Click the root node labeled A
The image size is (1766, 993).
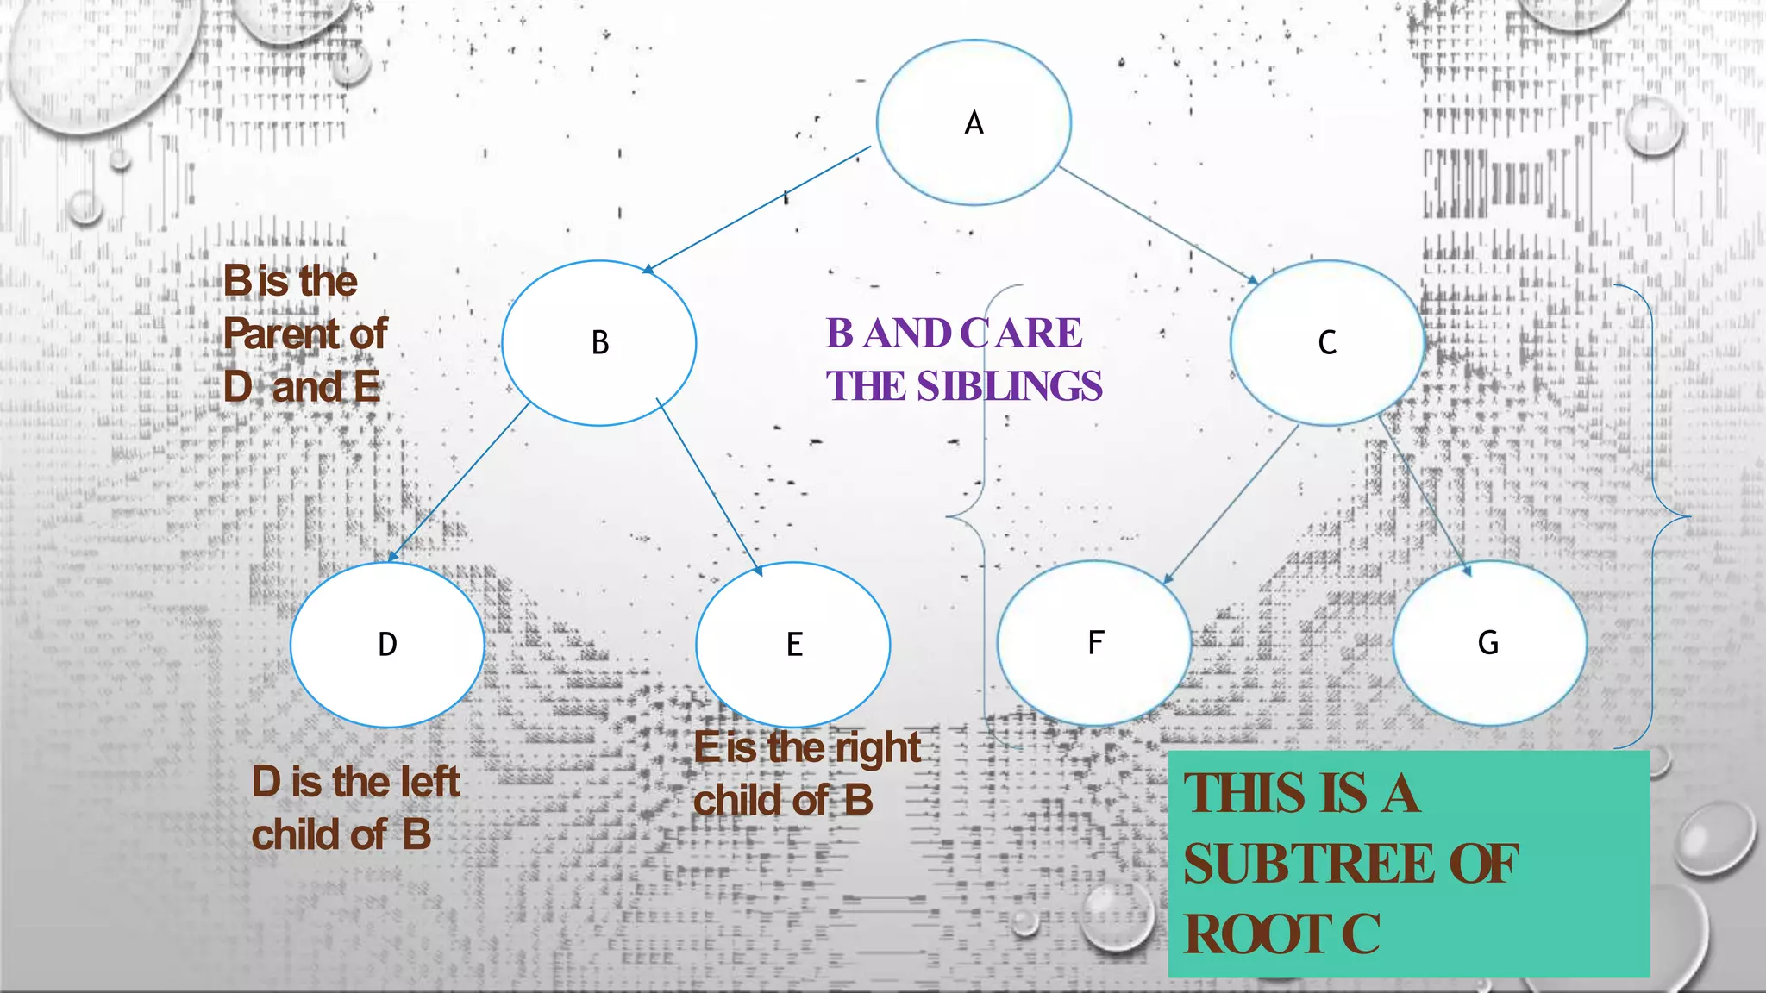click(974, 122)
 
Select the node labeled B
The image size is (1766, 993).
click(599, 343)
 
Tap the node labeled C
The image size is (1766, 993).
click(1326, 343)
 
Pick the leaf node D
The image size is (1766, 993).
click(387, 645)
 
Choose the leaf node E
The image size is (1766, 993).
click(793, 645)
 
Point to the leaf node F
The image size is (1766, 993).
click(1094, 643)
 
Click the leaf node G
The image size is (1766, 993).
click(1489, 643)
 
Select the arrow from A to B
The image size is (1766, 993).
click(757, 209)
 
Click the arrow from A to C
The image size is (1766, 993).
click(1158, 225)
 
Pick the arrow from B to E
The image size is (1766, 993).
click(709, 487)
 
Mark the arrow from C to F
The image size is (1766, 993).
click(1231, 504)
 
